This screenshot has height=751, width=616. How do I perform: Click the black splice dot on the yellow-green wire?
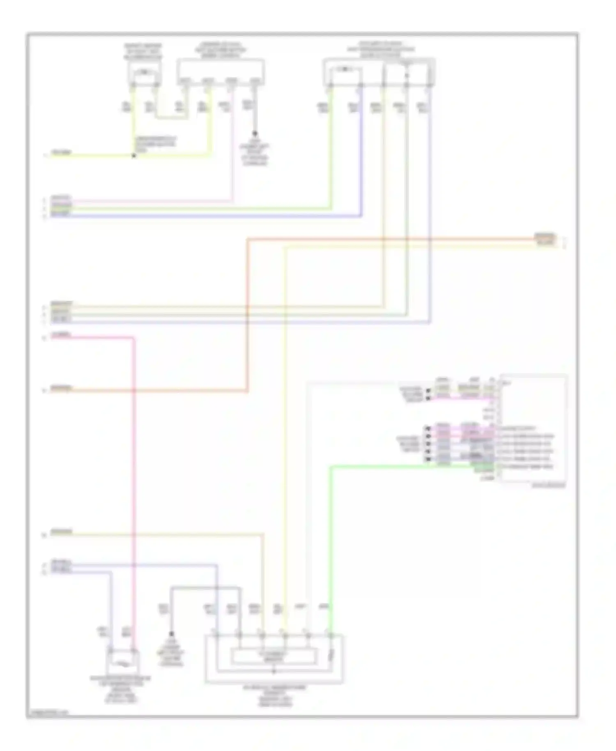(133, 156)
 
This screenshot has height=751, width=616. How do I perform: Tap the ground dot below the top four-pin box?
(255, 134)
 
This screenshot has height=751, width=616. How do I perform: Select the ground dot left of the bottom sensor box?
(172, 634)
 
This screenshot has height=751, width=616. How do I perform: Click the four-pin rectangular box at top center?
(221, 72)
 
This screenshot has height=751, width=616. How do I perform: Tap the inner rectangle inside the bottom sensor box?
(274, 656)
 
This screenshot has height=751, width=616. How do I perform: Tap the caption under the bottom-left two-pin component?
(120, 689)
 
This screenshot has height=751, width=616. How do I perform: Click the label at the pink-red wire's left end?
(61, 335)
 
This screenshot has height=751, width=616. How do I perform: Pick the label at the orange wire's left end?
(61, 387)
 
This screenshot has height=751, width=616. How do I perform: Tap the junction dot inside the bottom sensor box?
(274, 672)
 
